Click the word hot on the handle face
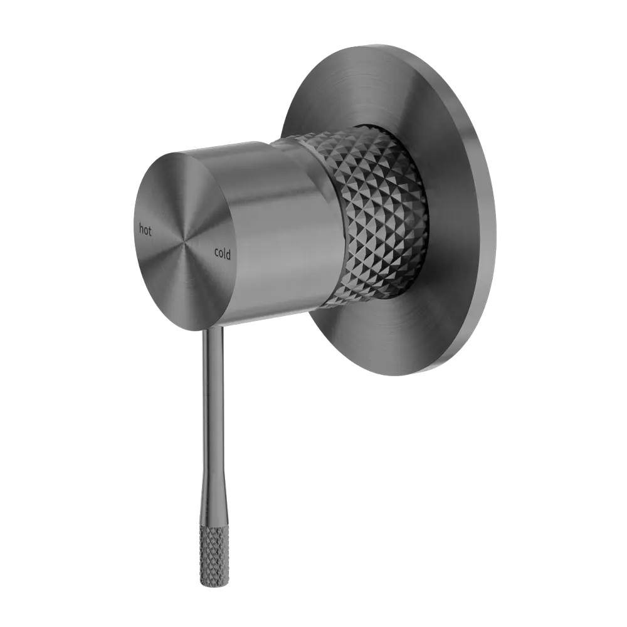coord(145,229)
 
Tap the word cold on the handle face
coord(223,253)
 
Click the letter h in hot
coord(140,228)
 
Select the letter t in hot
coord(150,231)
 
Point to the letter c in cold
coord(216,252)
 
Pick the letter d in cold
coord(228,255)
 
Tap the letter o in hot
coord(145,230)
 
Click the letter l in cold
coord(224,253)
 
